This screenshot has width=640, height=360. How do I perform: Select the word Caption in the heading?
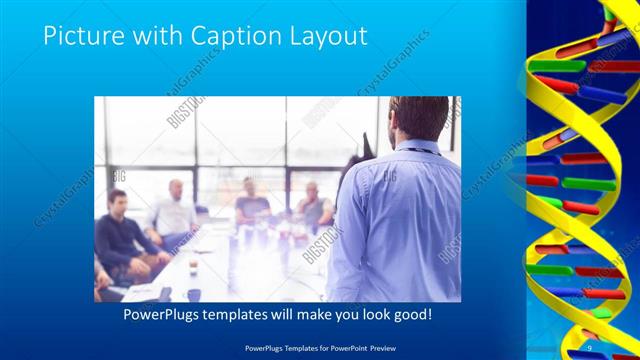point(225,37)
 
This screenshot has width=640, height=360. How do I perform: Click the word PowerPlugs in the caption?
point(162,314)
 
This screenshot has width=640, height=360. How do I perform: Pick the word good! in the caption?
point(408,314)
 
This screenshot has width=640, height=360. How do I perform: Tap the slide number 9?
point(589,346)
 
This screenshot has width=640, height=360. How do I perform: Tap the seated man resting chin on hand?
point(313,206)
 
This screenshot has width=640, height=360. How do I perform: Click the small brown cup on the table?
point(192,264)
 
